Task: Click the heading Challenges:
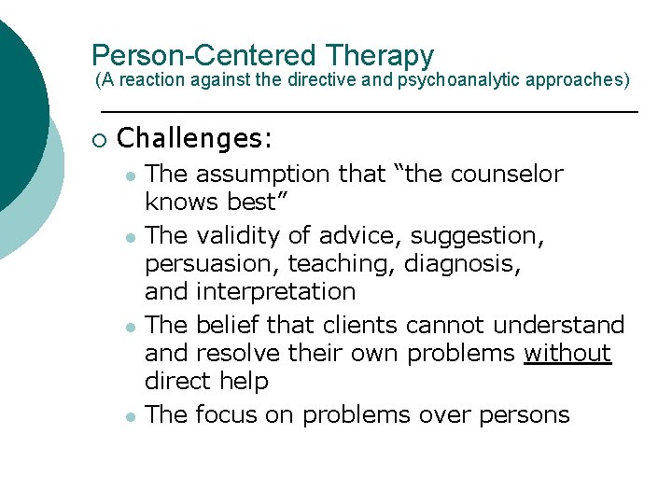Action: (195, 139)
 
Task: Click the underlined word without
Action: (567, 354)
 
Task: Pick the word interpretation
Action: (276, 291)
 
